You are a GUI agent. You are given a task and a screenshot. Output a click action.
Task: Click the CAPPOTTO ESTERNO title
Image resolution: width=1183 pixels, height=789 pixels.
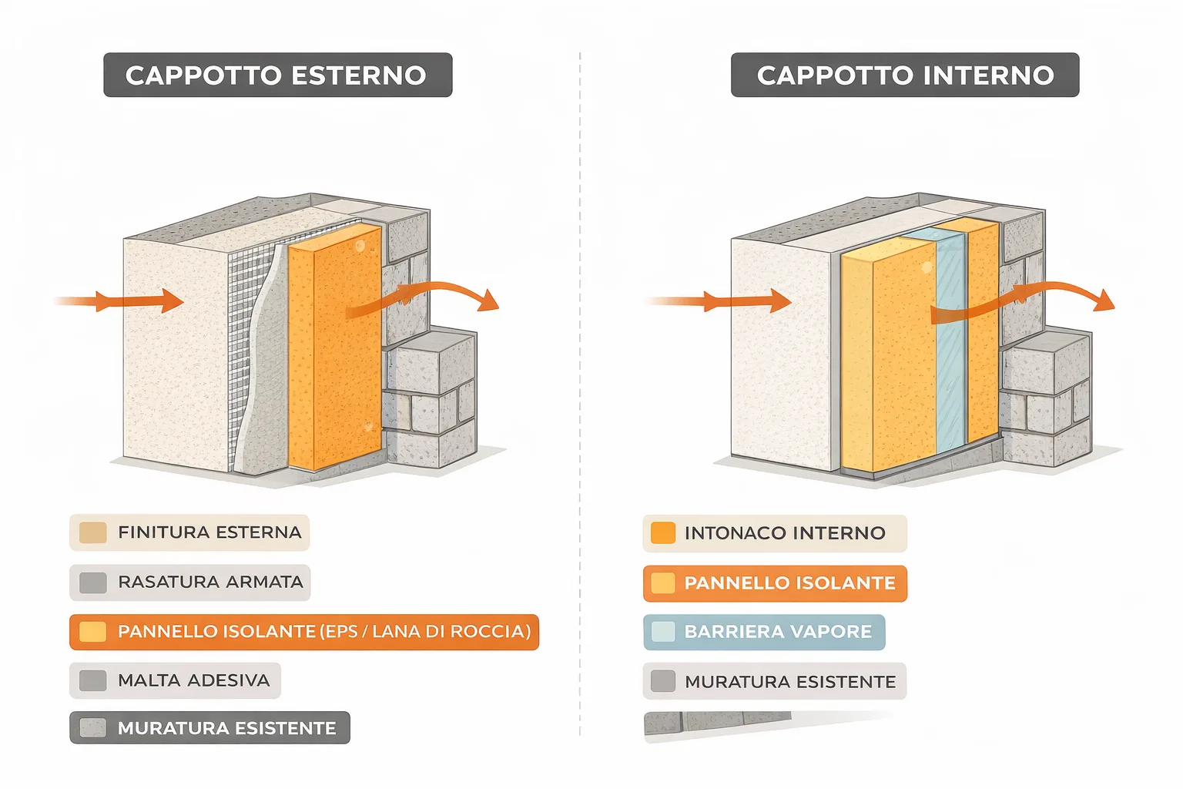(276, 76)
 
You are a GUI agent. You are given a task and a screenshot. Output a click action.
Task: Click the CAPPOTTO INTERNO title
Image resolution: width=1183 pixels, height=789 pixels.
(905, 76)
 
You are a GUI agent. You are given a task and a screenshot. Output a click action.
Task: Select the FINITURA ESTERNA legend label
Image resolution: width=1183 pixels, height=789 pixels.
(209, 532)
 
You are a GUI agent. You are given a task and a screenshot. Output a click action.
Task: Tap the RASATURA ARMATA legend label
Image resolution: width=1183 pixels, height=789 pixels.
(210, 582)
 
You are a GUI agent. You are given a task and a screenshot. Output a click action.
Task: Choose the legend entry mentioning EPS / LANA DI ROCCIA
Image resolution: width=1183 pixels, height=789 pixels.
(324, 632)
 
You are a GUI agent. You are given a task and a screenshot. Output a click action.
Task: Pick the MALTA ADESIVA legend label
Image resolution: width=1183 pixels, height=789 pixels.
(193, 680)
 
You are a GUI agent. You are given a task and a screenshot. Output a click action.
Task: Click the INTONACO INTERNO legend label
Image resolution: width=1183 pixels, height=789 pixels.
(785, 533)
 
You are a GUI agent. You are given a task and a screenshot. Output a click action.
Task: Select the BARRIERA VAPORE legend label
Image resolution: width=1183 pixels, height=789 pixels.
(778, 632)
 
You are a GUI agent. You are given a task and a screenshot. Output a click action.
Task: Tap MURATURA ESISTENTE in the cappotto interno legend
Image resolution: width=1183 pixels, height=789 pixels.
(790, 682)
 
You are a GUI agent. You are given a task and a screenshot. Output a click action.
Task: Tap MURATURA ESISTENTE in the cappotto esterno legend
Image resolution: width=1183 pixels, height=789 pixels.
(226, 728)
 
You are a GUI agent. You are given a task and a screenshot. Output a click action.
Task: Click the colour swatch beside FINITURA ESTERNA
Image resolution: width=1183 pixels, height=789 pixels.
(93, 532)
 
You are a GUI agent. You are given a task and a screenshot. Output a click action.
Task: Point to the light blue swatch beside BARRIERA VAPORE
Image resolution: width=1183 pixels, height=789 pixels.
(663, 632)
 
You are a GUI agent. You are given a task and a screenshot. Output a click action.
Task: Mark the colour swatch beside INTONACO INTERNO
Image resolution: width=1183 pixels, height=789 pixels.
(663, 533)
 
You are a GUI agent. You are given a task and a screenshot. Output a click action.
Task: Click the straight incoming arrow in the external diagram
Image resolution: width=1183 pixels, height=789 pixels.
(123, 300)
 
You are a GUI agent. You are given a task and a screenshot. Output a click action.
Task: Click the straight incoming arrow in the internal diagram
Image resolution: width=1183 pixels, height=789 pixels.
(720, 300)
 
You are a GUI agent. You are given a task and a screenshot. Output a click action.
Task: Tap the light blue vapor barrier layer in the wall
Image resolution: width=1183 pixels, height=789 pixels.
(951, 347)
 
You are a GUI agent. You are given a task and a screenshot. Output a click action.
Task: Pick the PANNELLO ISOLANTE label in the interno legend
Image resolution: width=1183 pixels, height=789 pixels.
(789, 583)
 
